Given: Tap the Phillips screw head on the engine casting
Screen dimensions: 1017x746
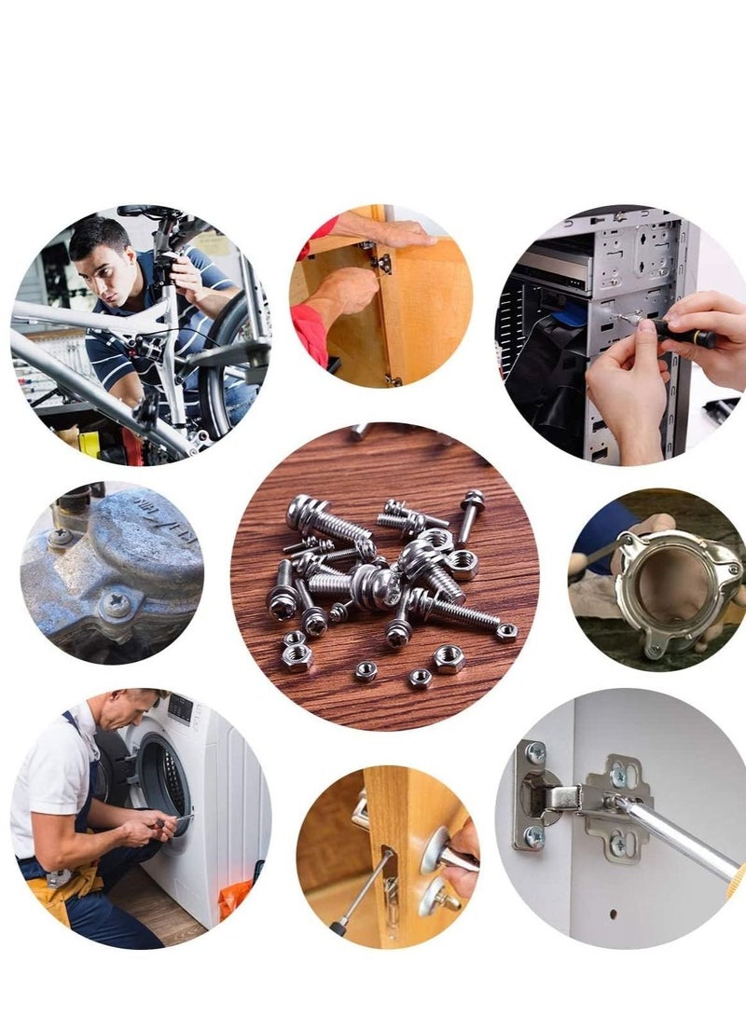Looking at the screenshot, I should [117, 604].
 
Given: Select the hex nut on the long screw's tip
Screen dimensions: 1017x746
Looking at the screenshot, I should [506, 632].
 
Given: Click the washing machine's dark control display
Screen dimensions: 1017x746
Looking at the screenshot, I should [180, 708].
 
